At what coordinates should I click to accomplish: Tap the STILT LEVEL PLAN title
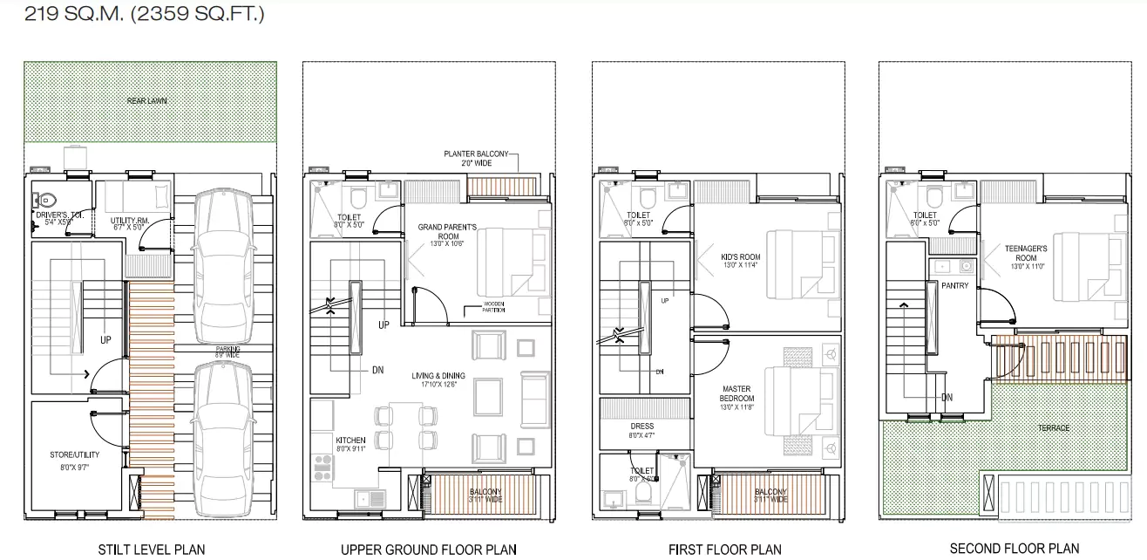[151, 549]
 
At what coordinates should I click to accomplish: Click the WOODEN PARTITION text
[488, 308]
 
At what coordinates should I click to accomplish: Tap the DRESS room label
[641, 430]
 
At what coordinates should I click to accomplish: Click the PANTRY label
[954, 286]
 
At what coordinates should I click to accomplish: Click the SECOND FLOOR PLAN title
[1014, 549]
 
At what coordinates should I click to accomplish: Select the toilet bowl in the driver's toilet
[49, 196]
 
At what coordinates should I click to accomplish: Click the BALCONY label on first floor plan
[770, 495]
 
